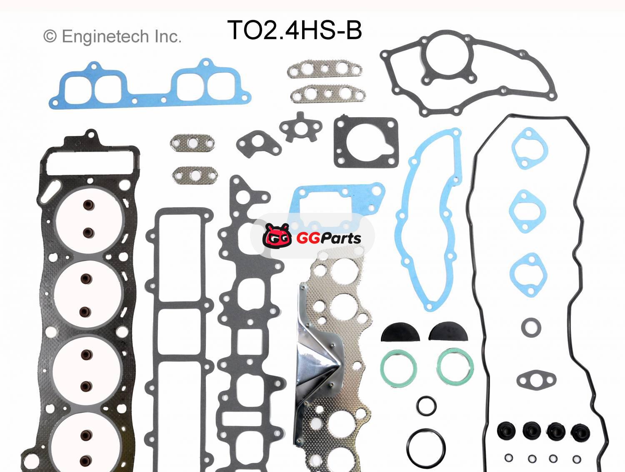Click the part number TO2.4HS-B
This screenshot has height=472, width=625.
(294, 30)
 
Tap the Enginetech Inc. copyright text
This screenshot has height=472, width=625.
(112, 37)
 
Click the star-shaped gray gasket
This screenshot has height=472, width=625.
(300, 126)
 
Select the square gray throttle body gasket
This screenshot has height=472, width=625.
(365, 142)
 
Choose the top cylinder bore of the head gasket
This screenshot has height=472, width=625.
(88, 218)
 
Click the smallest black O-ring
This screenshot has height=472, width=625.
(427, 405)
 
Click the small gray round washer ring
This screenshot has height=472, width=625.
(531, 327)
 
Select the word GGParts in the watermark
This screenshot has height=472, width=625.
(329, 238)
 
